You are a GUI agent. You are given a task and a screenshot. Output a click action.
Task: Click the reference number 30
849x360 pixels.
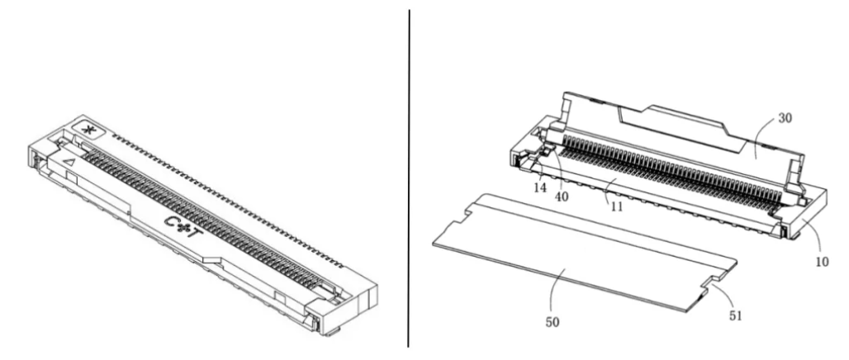[785, 117]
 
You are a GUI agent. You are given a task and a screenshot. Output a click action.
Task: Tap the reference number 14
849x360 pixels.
[540, 187]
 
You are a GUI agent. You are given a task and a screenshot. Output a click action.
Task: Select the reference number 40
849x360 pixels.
[562, 196]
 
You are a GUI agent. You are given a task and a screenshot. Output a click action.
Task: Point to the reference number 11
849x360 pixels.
[615, 206]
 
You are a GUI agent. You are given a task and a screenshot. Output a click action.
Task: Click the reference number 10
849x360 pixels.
[822, 261]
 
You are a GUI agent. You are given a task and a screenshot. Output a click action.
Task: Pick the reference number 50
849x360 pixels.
[553, 321]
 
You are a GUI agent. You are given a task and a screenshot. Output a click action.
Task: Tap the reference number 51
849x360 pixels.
[735, 315]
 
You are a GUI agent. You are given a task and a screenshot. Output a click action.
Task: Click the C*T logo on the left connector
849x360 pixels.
[185, 227]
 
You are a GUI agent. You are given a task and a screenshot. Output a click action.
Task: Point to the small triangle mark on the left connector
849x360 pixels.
[69, 160]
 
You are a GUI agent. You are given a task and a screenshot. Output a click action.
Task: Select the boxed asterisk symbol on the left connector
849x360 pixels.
[85, 130]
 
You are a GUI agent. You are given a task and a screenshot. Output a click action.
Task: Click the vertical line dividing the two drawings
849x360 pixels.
[409, 178]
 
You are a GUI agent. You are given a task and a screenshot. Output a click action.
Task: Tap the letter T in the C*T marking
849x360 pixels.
[198, 234]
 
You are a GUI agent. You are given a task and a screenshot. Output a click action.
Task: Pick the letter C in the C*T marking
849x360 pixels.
[172, 220]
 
